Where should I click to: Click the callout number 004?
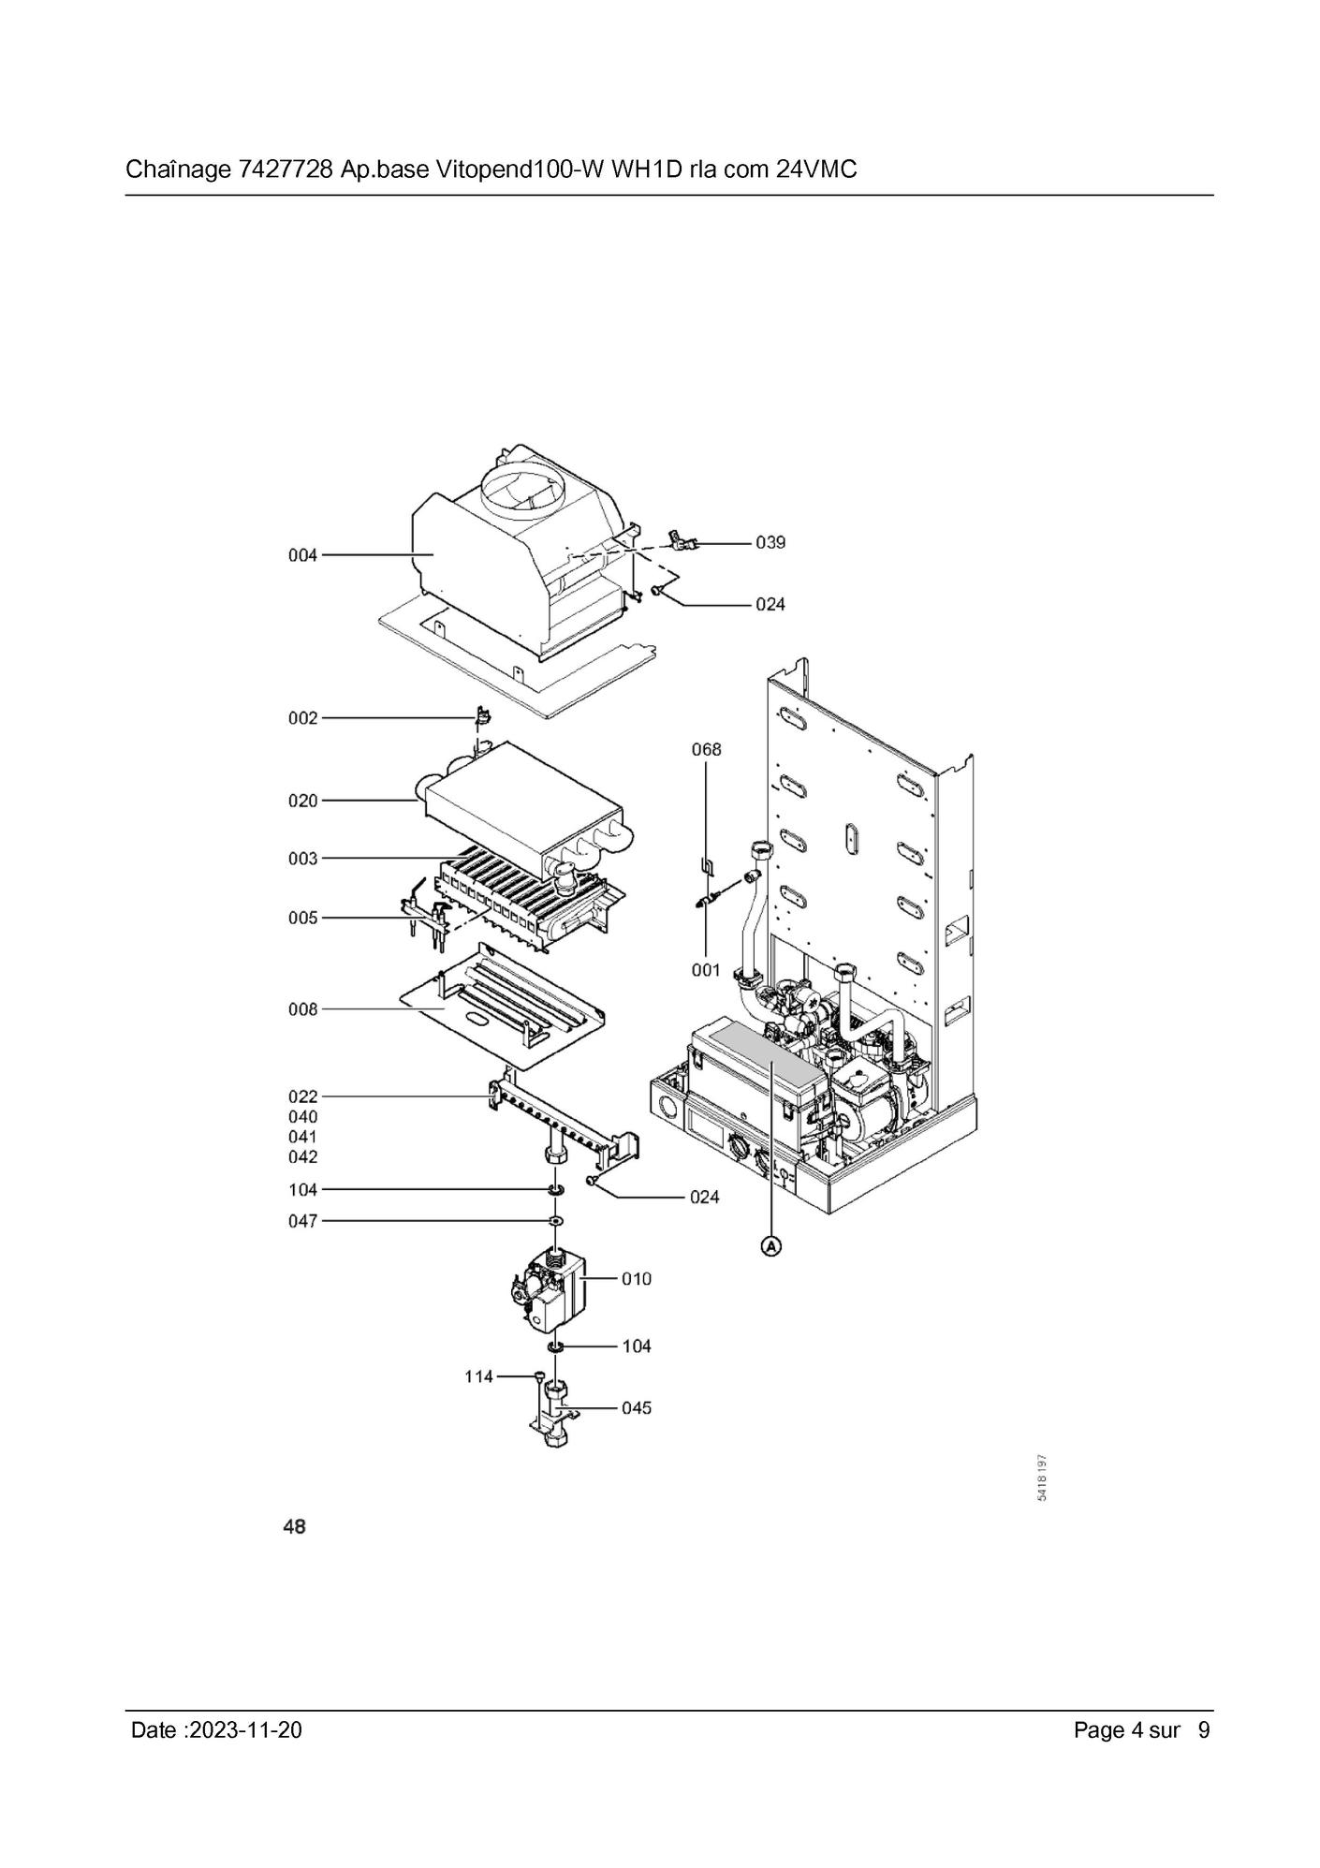tap(302, 555)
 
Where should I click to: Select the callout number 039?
tap(770, 542)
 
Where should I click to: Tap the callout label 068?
tap(707, 749)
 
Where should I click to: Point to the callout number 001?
tap(706, 970)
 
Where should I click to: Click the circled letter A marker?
tap(770, 1246)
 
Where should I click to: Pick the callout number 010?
tap(637, 1278)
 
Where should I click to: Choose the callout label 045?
tap(637, 1407)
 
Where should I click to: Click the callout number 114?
tap(479, 1376)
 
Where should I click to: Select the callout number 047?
tap(302, 1221)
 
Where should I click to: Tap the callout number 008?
tap(302, 1009)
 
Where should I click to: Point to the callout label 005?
tap(302, 918)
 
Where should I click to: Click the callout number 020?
tap(302, 801)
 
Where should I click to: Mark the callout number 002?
tap(302, 718)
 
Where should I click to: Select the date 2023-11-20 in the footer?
tap(245, 1730)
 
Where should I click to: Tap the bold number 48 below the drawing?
tap(294, 1527)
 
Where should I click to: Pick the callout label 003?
tap(302, 859)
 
